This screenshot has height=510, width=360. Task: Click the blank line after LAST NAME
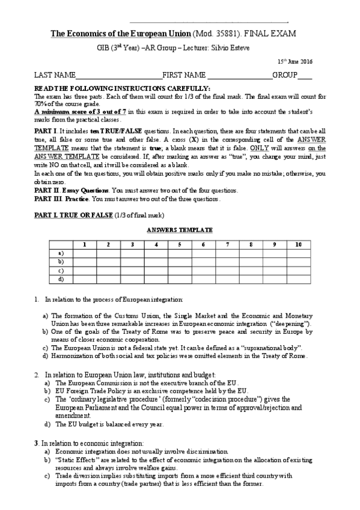pyautogui.click(x=118, y=76)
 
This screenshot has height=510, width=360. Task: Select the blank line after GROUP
pyautogui.click(x=305, y=76)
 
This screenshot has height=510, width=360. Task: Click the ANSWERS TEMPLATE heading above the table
pyautogui.click(x=180, y=230)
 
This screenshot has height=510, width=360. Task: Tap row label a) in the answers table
pyautogui.click(x=60, y=253)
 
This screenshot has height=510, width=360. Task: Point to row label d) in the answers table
pyautogui.click(x=60, y=279)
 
